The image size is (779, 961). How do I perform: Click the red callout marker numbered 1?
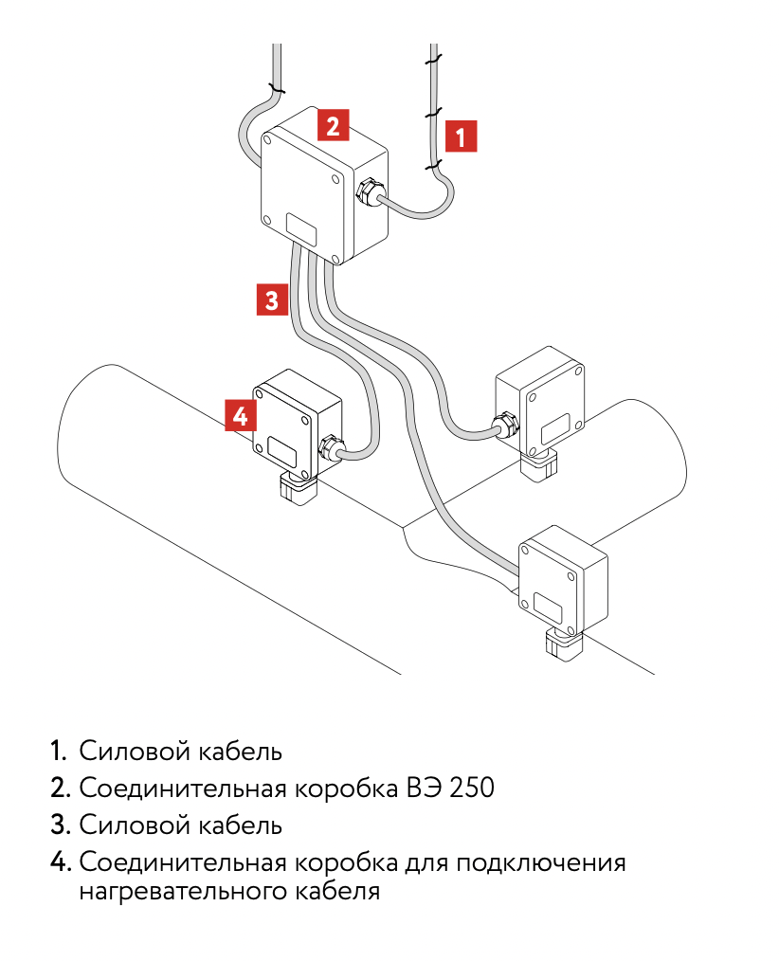coord(461,136)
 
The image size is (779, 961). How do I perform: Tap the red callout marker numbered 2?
coord(333,125)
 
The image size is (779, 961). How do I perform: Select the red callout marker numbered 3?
coord(272,299)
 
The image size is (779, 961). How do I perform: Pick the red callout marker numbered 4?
coord(241,415)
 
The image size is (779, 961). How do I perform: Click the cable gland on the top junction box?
coord(368,192)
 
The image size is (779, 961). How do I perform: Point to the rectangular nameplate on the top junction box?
coord(302,228)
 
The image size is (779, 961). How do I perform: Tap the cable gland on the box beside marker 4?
coord(331,447)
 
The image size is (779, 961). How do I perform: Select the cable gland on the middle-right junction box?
coord(506,426)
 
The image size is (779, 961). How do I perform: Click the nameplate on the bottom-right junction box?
coord(548,607)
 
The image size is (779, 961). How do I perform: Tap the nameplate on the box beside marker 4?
coord(281,452)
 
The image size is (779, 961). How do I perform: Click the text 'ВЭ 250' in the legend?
coord(450,789)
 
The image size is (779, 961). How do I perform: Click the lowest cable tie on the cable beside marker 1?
coord(434,165)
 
